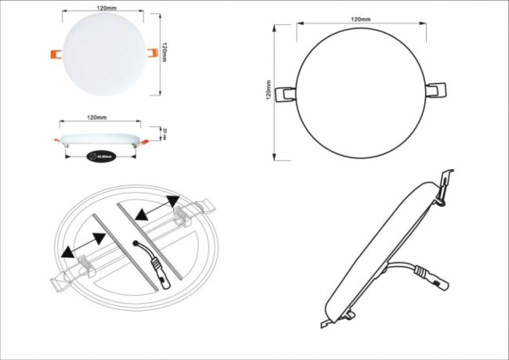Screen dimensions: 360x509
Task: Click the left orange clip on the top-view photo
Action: coord(55,54)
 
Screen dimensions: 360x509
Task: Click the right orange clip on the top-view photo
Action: coord(150,54)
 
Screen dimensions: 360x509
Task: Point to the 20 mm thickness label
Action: coord(164,132)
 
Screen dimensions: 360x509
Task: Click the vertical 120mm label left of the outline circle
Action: coord(269,92)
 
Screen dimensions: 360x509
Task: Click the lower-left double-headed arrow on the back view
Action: coord(82,245)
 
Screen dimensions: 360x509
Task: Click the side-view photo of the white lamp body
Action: coord(99,139)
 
